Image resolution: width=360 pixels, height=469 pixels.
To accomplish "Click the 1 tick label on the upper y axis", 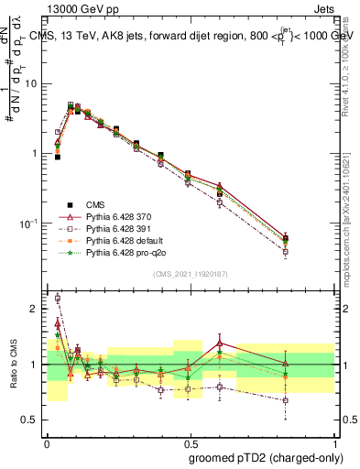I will (38, 153).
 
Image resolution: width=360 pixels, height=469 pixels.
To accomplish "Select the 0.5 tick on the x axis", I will (190, 440).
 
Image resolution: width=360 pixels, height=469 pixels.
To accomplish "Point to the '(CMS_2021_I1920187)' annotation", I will (190, 274).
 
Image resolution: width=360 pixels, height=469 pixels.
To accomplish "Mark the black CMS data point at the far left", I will (57, 157).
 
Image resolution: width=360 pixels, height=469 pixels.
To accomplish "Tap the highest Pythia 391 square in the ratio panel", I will (58, 298).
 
